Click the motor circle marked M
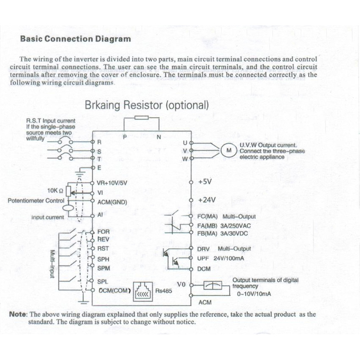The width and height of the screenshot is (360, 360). [229, 150]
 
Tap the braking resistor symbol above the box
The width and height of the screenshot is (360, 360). [141, 118]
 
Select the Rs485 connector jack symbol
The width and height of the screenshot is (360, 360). [143, 291]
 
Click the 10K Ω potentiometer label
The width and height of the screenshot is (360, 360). [55, 191]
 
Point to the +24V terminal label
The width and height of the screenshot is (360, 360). [207, 200]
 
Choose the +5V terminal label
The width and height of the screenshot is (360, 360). [205, 182]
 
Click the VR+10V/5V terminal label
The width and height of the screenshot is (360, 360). [112, 183]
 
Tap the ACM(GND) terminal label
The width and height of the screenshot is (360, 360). [112, 202]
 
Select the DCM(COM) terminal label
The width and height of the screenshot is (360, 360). [115, 291]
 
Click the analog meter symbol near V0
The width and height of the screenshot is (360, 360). [213, 286]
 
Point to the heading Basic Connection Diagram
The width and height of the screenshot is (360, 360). [76, 38]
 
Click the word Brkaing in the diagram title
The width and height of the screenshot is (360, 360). [102, 105]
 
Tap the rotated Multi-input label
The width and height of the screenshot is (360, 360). [53, 264]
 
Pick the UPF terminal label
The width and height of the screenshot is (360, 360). [203, 258]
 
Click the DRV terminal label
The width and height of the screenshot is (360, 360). [204, 249]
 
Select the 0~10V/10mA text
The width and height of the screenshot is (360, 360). [254, 294]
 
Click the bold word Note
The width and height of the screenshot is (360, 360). [18, 314]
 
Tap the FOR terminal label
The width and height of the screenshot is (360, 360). [104, 232]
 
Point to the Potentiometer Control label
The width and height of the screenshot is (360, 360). [36, 200]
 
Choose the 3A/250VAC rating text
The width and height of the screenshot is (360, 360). [236, 226]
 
